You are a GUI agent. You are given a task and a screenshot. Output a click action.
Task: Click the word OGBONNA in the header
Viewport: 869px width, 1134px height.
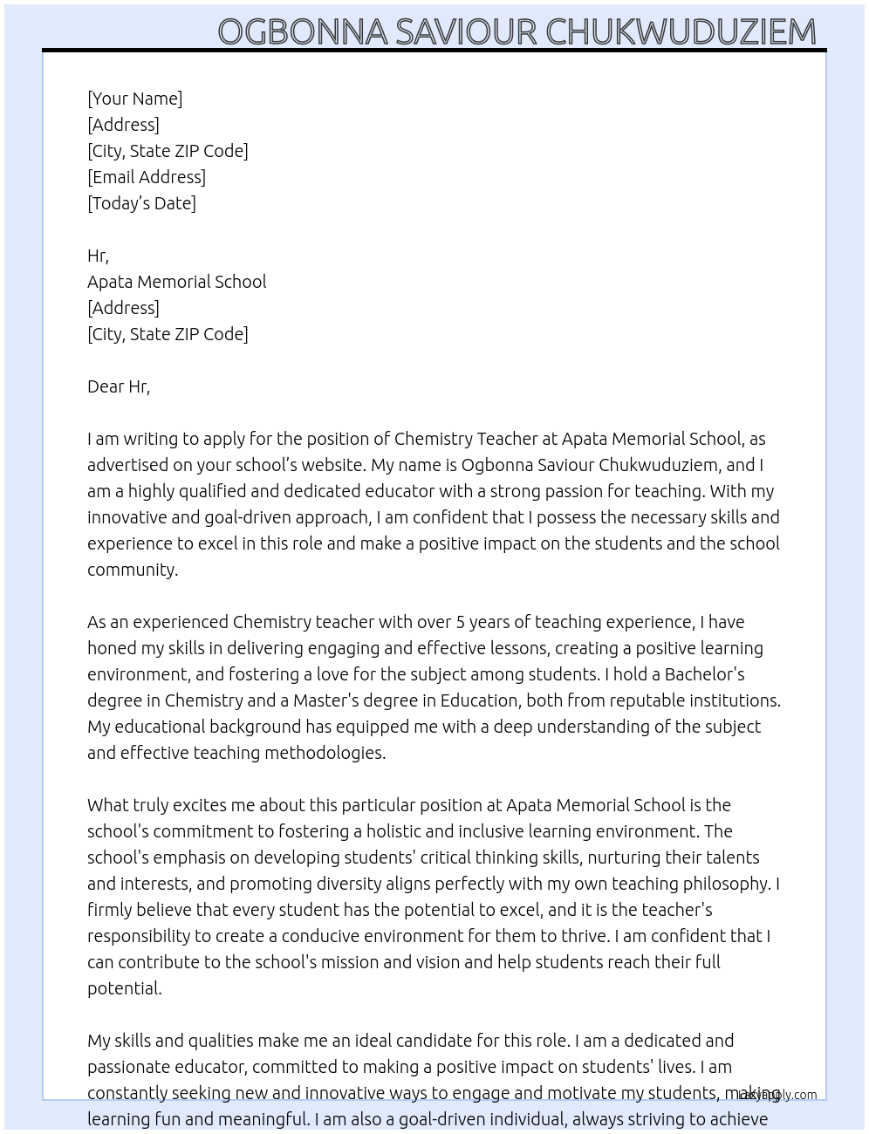point(302,31)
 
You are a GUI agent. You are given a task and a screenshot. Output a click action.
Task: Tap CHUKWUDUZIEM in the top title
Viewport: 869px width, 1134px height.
point(681,31)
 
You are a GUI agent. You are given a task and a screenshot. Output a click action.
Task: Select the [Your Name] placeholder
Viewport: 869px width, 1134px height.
point(135,99)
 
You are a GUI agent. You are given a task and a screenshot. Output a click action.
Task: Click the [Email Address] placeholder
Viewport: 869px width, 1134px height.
point(147,177)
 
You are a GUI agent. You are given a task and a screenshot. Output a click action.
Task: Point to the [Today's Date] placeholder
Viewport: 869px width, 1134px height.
point(141,203)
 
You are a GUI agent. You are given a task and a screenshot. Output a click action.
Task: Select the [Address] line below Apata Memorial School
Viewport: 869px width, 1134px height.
point(123,308)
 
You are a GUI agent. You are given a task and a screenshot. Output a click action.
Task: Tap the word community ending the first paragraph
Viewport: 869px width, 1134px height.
point(132,570)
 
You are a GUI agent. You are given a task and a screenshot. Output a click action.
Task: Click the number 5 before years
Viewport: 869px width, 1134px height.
point(461,622)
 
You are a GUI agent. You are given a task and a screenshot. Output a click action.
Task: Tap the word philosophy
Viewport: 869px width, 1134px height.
point(728,884)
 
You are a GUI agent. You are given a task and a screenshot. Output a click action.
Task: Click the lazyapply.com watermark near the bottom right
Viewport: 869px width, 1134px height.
point(777,1095)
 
